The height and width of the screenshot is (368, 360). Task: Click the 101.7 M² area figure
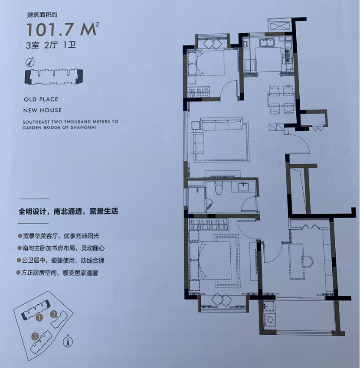62,29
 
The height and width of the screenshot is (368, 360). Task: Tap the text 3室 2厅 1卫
51,45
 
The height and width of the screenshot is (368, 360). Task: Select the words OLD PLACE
41,99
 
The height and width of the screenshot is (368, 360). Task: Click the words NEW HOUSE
43,110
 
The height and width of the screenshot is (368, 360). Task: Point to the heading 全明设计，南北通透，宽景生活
69,211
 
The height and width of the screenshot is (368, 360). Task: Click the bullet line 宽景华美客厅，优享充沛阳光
59,236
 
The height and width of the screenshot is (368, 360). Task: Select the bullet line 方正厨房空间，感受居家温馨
57,273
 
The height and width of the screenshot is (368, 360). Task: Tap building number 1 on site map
39,318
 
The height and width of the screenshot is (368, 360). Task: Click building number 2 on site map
54,314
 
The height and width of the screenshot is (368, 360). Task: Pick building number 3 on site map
35,337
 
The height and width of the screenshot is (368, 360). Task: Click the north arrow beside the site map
68,341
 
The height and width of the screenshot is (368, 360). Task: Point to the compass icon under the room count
30,62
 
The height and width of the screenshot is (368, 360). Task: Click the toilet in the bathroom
219,188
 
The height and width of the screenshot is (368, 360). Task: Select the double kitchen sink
267,43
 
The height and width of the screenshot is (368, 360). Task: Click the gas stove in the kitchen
287,56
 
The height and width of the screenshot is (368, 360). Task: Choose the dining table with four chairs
281,100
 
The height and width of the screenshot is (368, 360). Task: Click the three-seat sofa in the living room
222,124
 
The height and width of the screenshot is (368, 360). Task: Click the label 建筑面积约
42,15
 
